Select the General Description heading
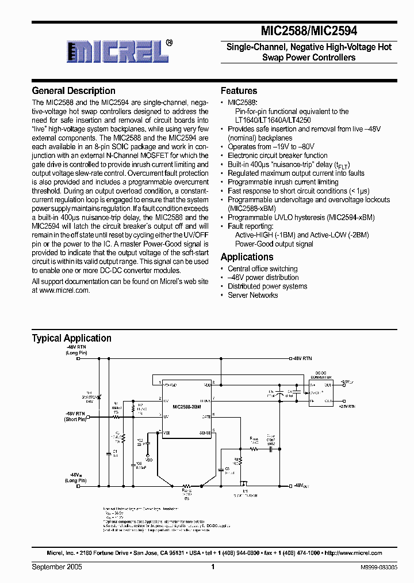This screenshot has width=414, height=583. coord(74,91)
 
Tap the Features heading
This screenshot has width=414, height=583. coord(239,91)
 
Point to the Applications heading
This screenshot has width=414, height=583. coord(247,257)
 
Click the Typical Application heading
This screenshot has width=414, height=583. coord(71,338)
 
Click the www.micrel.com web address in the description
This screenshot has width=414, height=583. coord(65,290)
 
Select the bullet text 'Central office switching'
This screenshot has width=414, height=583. coord(262,268)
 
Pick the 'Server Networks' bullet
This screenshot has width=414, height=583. coord(252,295)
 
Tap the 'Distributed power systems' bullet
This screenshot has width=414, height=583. coord(267,286)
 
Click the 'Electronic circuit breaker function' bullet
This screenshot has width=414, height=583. coord(277,156)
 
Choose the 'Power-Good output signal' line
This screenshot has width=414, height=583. coord(274,244)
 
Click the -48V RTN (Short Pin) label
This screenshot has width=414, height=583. coord(75,416)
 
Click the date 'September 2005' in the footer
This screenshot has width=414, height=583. coord(57,567)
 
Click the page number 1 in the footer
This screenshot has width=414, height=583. coord(213,567)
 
